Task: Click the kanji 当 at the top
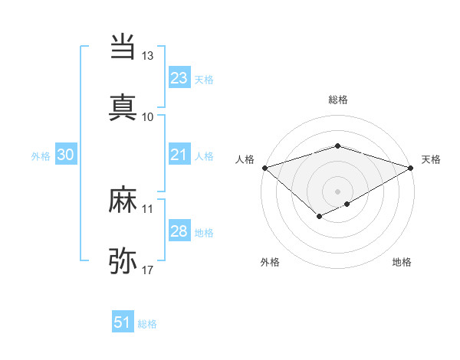coord(123,46)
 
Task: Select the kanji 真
coord(123,106)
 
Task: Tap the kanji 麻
coord(123,201)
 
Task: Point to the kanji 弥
coord(123,261)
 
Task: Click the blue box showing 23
coord(179,78)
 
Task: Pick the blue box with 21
coord(179,155)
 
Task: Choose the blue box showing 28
coord(179,231)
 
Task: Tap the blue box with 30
coord(65,155)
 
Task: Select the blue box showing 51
coord(123,322)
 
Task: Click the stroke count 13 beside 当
coord(147,56)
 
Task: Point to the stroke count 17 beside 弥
coord(147,270)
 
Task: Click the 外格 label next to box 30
coord(41,155)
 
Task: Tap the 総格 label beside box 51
coord(147,324)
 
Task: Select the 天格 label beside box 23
coord(204,79)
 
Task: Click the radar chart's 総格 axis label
coord(337,100)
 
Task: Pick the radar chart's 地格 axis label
coord(402,263)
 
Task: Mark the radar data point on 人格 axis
coord(264,167)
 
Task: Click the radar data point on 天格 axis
coord(412,168)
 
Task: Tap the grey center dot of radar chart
coord(337,191)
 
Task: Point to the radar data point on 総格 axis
coord(337,146)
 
